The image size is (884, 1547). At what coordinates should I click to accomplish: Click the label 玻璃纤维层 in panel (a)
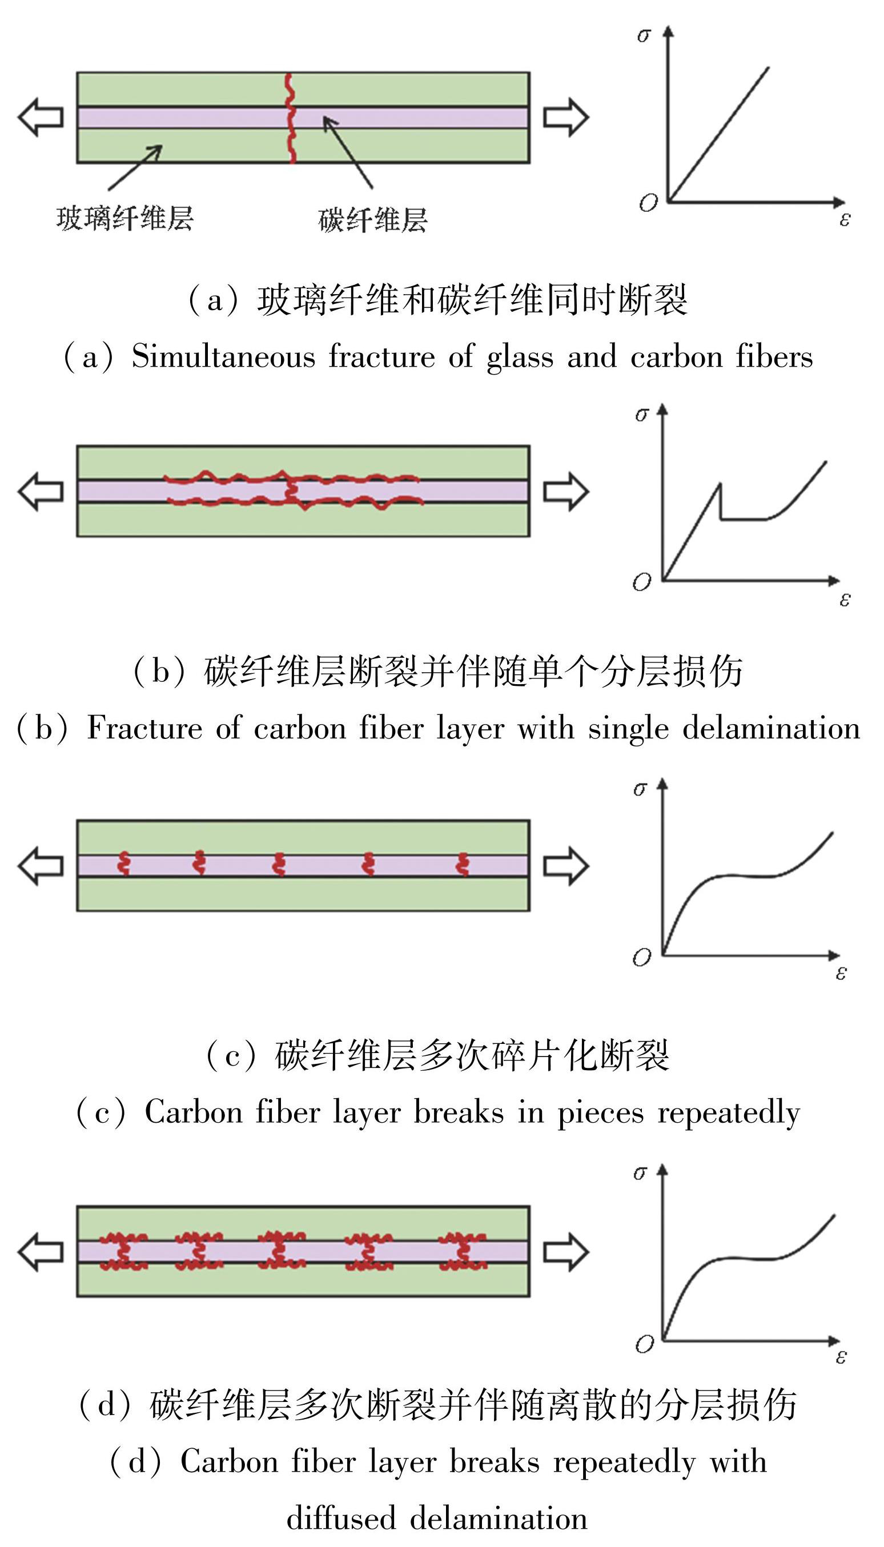click(124, 219)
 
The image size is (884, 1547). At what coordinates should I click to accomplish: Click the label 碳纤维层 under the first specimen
click(373, 220)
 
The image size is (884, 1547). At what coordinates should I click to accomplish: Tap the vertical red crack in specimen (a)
click(291, 118)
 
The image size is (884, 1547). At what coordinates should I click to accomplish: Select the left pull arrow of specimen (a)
click(40, 117)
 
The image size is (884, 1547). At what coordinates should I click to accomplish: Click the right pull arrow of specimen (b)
click(565, 491)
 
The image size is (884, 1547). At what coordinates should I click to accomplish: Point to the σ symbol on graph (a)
click(643, 35)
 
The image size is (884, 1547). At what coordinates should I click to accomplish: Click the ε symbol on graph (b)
click(845, 600)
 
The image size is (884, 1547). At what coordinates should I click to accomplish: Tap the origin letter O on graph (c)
click(642, 958)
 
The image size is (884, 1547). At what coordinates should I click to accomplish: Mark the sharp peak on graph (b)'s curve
click(720, 484)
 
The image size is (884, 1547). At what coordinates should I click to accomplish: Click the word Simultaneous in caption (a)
click(223, 356)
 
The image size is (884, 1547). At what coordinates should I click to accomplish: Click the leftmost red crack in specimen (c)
click(124, 865)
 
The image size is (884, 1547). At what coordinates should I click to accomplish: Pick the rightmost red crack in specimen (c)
click(463, 865)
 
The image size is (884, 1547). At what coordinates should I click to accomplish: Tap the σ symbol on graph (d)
click(640, 1173)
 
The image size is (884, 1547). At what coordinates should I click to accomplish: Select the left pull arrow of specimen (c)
click(40, 866)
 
